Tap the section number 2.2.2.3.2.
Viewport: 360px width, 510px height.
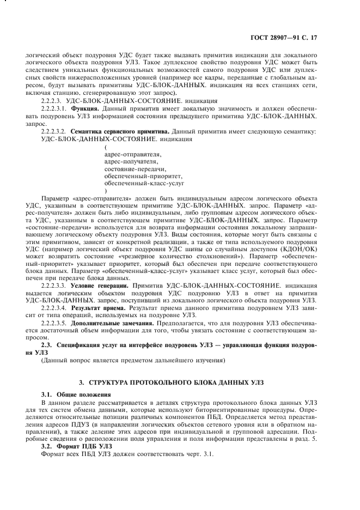point(53,131)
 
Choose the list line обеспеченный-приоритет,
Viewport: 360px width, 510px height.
point(143,177)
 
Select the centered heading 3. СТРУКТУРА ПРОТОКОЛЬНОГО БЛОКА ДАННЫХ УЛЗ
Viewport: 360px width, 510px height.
point(180,382)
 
